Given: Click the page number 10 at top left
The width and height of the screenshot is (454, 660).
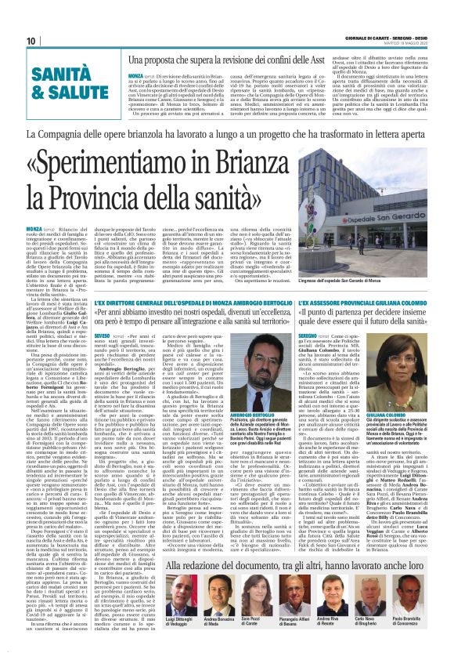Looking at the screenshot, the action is [x=31, y=41].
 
